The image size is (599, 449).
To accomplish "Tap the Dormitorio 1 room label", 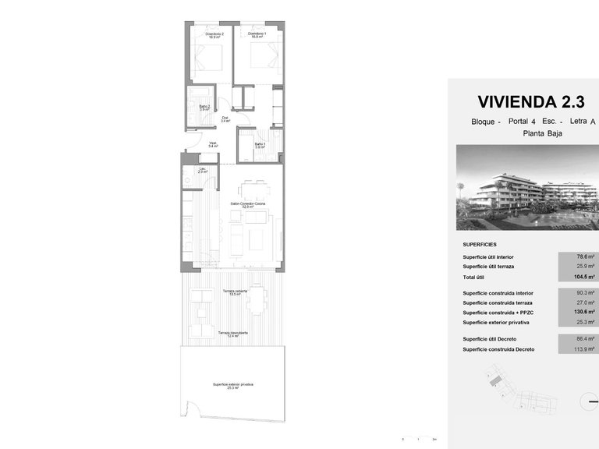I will (x=257, y=35).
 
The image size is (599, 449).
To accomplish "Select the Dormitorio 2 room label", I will (x=214, y=35).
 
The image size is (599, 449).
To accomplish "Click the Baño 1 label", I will (x=260, y=144).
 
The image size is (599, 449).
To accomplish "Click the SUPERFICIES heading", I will (x=479, y=244).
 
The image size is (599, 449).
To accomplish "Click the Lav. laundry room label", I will (x=201, y=170).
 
